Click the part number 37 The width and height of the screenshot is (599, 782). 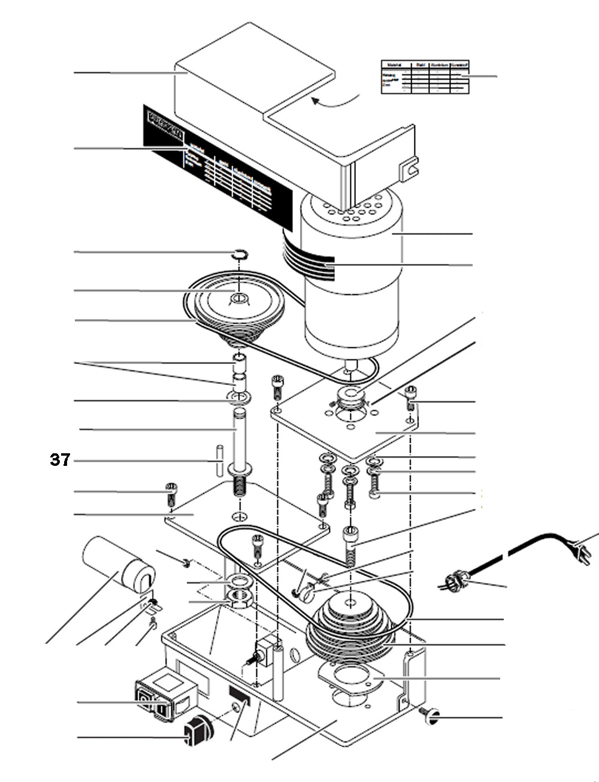point(60,460)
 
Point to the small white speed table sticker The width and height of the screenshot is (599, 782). point(425,77)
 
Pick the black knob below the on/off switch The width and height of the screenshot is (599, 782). point(198,732)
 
